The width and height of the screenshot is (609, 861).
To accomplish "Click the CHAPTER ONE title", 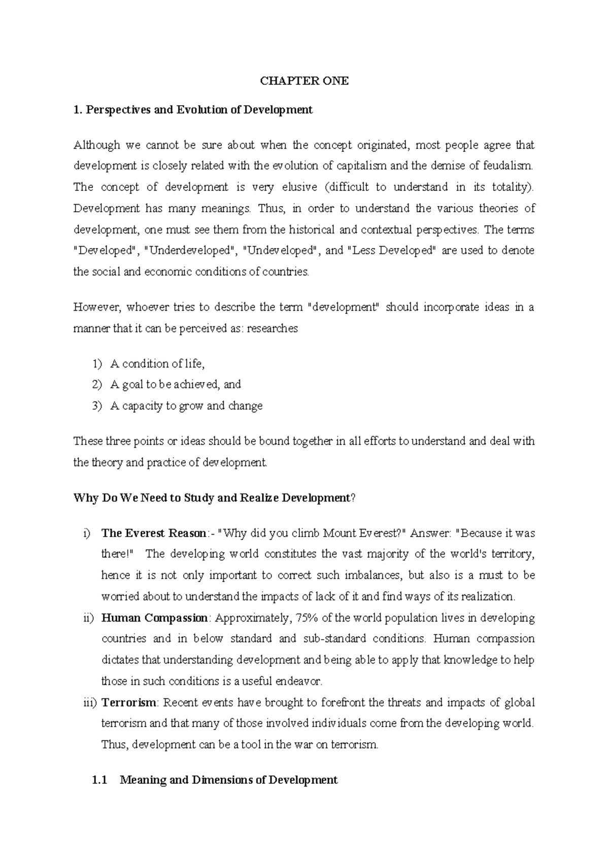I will [x=304, y=81].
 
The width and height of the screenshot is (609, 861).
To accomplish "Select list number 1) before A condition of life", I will [x=97, y=364].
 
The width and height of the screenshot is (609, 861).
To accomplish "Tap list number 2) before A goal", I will [x=97, y=385].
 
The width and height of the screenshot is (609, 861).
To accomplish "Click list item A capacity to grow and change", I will [x=186, y=406].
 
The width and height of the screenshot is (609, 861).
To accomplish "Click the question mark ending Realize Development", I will [x=354, y=498].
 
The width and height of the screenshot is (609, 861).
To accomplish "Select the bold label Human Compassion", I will [x=155, y=618].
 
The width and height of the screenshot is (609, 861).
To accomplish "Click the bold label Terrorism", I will [x=129, y=703].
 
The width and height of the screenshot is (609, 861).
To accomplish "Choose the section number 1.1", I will [x=99, y=780].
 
